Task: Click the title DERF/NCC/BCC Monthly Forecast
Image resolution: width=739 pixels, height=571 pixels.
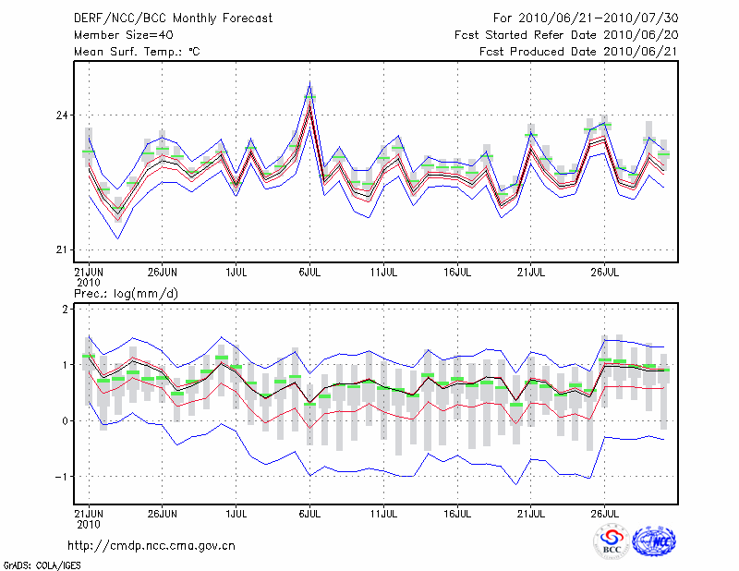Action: (172, 18)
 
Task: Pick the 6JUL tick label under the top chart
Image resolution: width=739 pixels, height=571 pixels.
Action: (310, 273)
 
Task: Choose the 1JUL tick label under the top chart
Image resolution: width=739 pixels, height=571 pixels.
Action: (236, 273)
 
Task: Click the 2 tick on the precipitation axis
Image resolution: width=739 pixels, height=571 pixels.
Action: (65, 310)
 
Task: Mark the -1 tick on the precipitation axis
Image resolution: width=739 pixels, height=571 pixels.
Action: (61, 477)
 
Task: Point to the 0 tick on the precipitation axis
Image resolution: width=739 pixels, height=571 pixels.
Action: (65, 421)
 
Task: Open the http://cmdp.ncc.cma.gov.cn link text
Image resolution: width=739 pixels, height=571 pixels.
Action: (151, 546)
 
